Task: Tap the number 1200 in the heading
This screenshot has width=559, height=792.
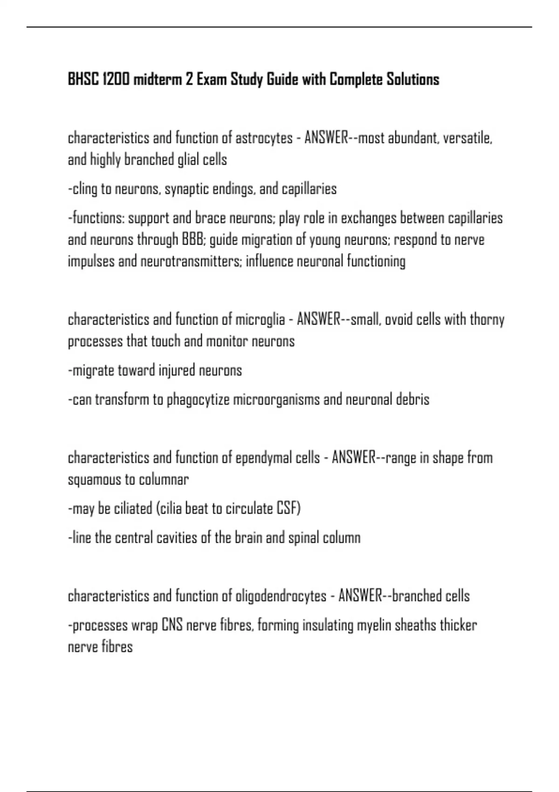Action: (116, 80)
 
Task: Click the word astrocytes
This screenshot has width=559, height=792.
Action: (264, 138)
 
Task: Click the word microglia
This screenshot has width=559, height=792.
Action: (260, 320)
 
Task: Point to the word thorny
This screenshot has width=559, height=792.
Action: (487, 320)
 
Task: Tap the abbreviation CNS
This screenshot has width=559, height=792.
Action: (172, 625)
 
